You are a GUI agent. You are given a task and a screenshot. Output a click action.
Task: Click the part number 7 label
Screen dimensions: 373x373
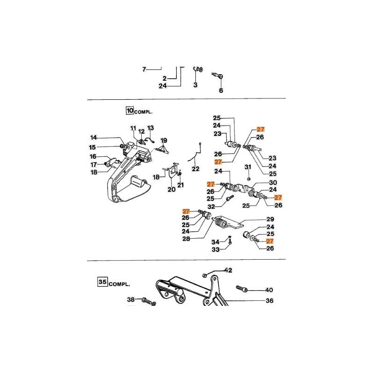coord(145,69)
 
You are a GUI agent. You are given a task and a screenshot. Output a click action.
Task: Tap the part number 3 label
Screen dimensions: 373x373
coord(195,85)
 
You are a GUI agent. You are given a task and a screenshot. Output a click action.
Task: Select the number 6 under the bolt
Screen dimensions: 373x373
coord(221,90)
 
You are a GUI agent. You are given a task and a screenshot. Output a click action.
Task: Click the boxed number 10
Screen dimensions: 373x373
coord(129,111)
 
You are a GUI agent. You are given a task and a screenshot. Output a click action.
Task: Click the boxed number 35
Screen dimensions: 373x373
coord(102,282)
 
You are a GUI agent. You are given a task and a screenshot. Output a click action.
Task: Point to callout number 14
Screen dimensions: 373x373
coord(94,138)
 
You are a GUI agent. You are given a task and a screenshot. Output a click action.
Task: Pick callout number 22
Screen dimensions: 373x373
coord(195,168)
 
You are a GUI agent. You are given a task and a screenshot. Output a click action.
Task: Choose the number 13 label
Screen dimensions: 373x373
coord(151,128)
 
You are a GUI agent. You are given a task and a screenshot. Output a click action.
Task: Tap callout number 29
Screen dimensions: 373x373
coord(270,219)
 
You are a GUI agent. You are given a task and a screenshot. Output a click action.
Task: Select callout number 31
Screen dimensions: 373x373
coord(248,167)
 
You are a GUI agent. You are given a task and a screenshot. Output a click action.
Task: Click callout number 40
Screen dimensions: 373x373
coord(269,290)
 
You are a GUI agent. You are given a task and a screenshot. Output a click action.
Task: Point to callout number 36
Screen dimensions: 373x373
coord(269,301)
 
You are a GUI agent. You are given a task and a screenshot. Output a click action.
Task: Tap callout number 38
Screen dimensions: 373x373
coord(131,300)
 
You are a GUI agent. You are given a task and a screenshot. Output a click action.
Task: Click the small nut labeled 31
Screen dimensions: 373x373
coord(249,178)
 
